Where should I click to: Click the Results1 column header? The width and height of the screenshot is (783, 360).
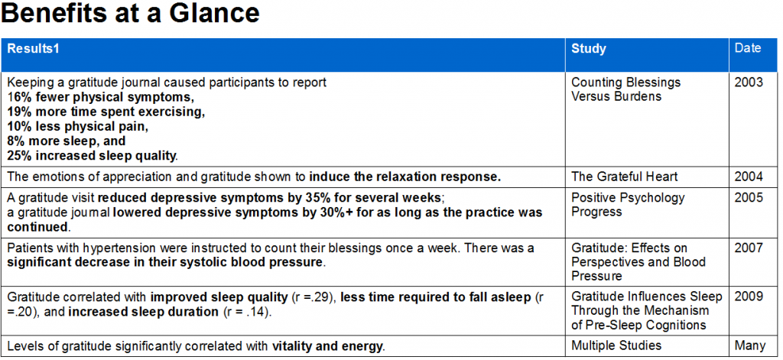pos(33,49)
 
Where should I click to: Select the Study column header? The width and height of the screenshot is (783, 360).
pos(588,49)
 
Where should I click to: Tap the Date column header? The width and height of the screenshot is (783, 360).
pos(748,48)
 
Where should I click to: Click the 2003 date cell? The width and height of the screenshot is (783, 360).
pos(749,83)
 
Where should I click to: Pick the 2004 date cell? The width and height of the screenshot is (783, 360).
pos(749,177)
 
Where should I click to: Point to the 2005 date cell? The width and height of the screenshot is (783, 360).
pos(749,198)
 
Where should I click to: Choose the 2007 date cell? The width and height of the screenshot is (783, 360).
pos(749,248)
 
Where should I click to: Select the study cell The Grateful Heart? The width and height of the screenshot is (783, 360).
pos(624,177)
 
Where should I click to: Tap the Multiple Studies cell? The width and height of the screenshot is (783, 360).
pos(617,346)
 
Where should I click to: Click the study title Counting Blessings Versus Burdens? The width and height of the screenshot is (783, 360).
pos(625,89)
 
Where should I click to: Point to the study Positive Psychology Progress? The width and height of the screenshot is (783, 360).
pos(628,205)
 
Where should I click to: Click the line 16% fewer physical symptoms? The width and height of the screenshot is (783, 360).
pos(101,97)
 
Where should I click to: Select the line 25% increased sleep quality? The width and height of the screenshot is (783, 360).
pos(92,156)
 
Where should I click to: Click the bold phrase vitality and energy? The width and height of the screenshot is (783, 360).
pos(327,346)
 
